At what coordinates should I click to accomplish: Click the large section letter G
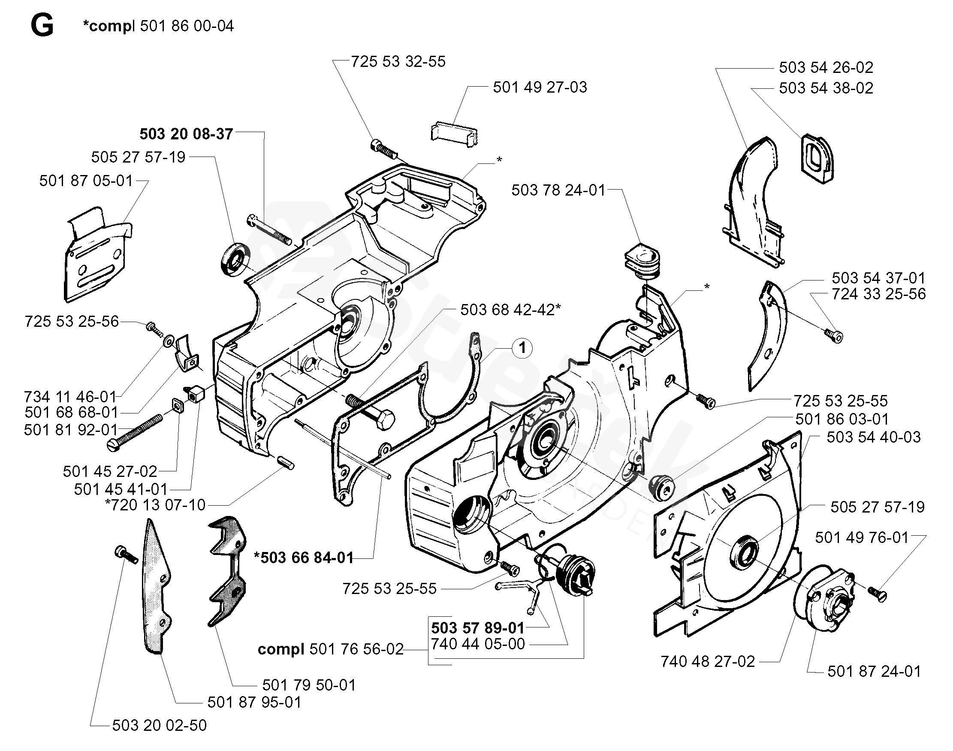point(42,26)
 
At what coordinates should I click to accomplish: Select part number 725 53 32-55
point(398,62)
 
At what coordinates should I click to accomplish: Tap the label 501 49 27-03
point(540,87)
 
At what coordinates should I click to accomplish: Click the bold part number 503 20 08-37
point(186,134)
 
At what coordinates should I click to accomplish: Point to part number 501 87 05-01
point(86,181)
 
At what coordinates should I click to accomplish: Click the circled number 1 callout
point(522,348)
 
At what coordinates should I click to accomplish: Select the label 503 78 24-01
point(558,190)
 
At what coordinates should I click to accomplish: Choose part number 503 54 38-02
point(826,88)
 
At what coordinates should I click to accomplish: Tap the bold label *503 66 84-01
point(304,558)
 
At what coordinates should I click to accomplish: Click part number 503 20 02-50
point(159,725)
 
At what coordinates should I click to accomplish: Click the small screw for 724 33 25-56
point(833,336)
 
